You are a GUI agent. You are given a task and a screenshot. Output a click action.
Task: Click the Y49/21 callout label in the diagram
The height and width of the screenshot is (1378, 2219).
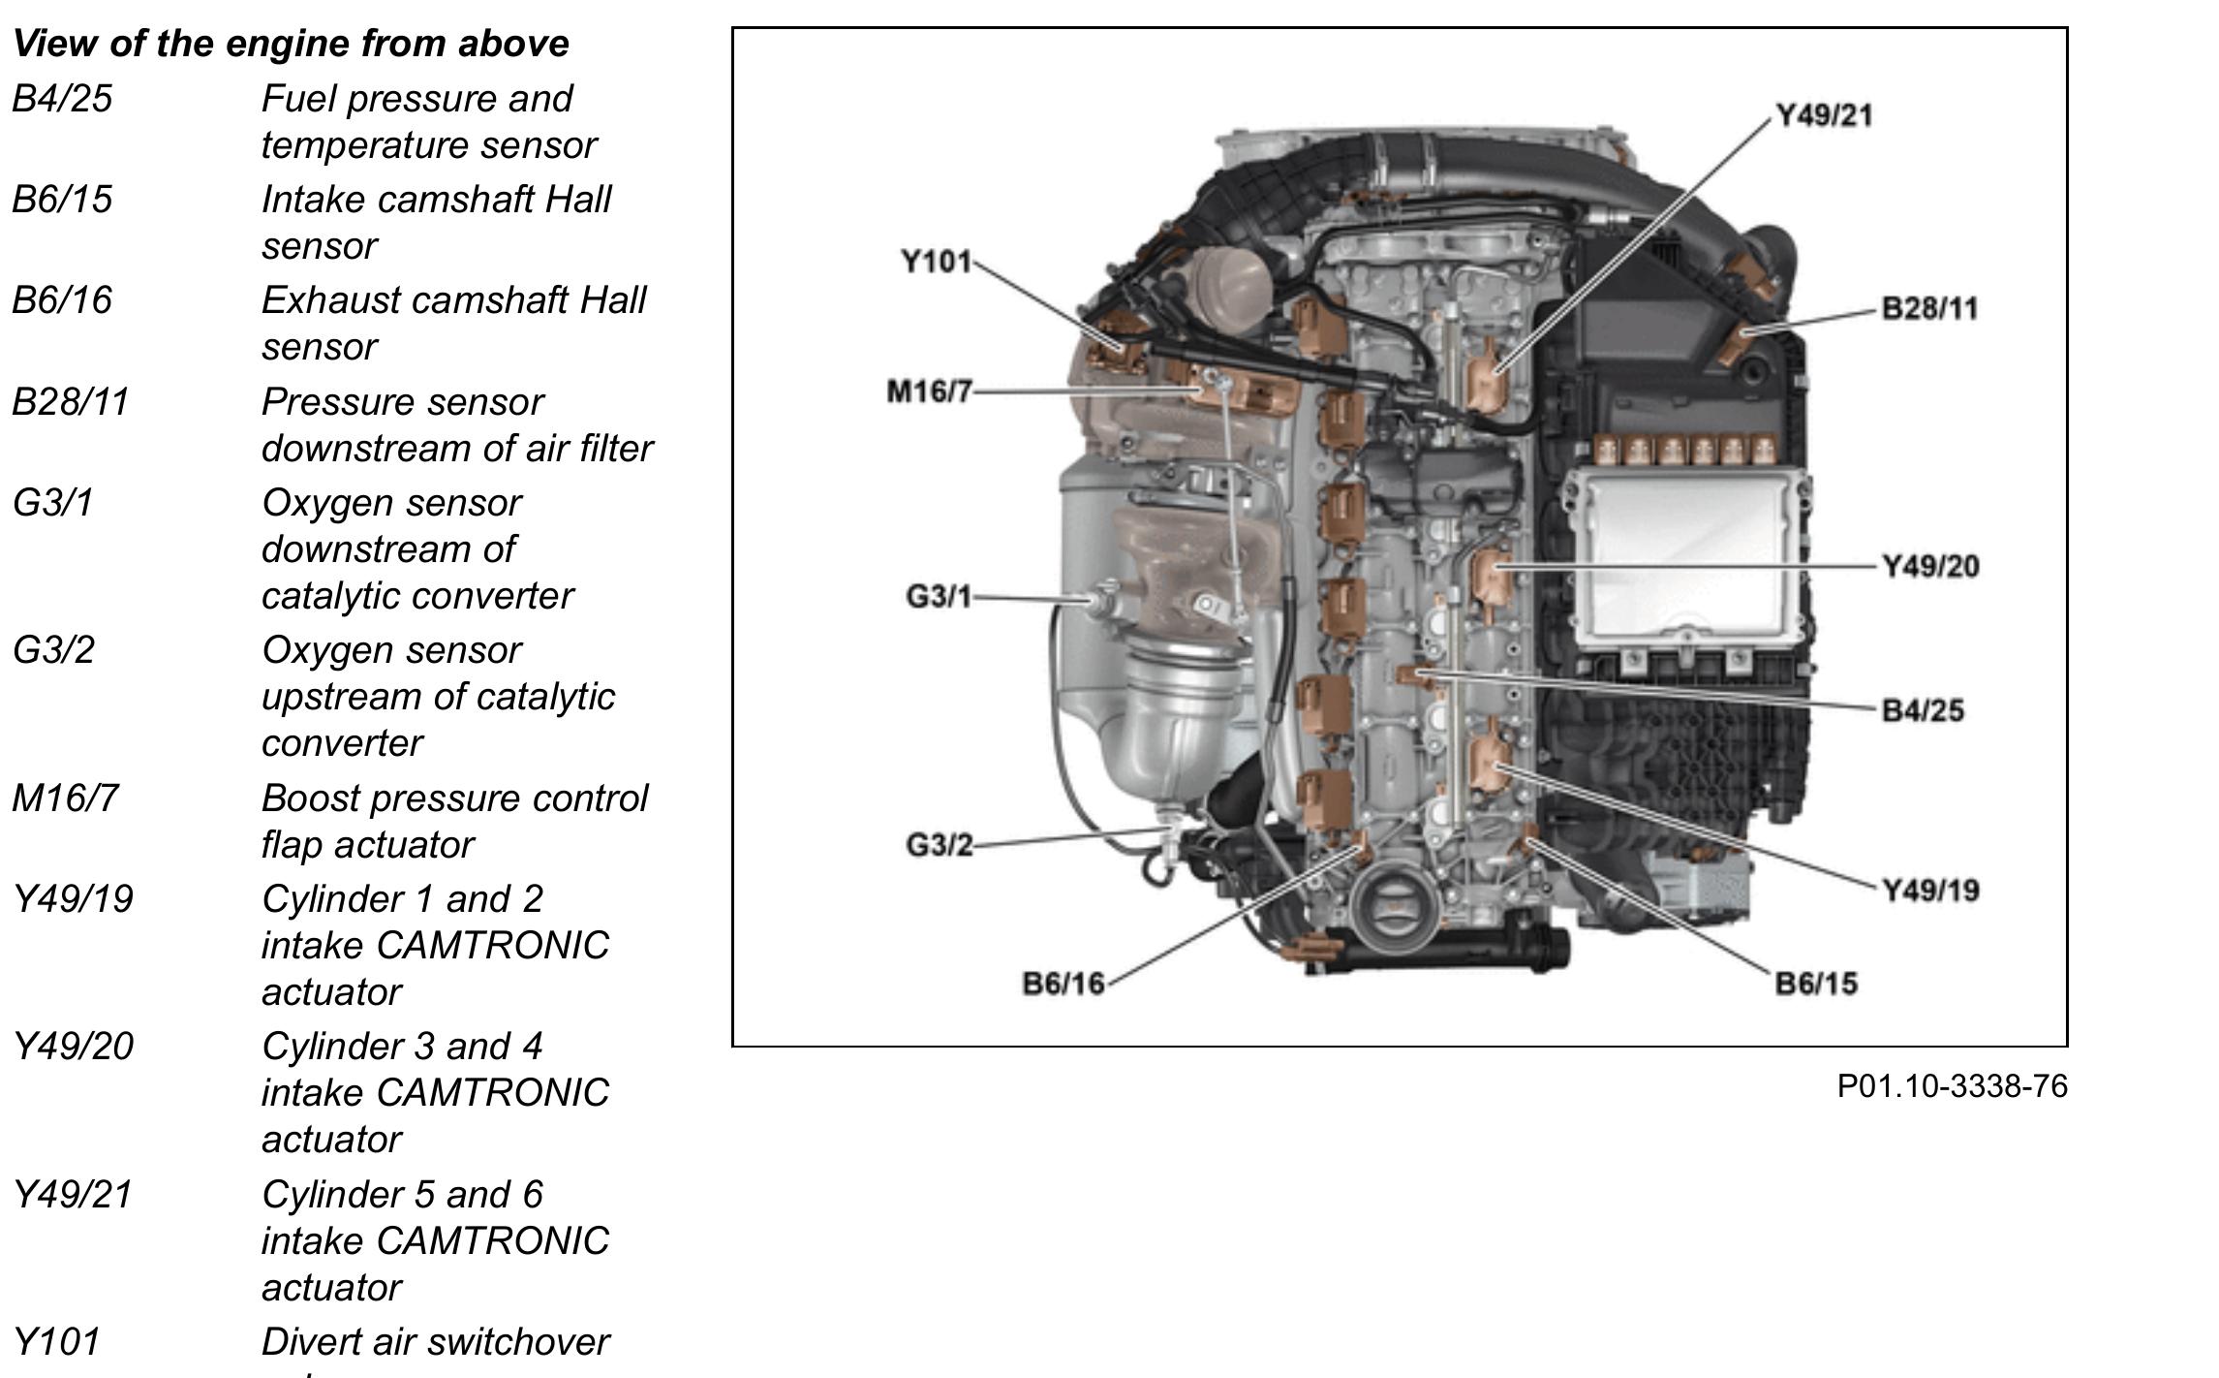[1823, 115]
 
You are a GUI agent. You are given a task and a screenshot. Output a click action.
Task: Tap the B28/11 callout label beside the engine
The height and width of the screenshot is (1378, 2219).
[1928, 308]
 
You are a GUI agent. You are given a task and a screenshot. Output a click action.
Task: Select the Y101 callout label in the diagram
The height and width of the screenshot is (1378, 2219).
[935, 262]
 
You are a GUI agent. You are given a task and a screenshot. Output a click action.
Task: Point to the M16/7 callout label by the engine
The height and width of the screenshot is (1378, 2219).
[928, 391]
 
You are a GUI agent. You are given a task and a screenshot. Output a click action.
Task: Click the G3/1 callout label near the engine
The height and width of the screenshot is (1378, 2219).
[938, 596]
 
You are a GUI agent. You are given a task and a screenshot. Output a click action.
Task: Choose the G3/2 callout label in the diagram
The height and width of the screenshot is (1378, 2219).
[939, 845]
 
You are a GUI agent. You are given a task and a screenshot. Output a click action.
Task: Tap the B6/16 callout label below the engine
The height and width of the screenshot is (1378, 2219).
[1063, 984]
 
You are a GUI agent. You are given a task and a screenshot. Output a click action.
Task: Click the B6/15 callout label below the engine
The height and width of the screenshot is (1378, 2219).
[1816, 984]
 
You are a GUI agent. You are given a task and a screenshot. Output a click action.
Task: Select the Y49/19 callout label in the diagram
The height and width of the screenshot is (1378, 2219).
[1929, 891]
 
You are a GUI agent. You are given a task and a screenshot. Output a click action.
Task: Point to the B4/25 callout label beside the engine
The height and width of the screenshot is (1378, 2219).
[1922, 710]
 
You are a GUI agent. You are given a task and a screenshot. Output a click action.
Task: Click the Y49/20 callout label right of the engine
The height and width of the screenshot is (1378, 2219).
[1929, 566]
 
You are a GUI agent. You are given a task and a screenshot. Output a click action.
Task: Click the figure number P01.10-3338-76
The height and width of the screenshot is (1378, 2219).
[1952, 1086]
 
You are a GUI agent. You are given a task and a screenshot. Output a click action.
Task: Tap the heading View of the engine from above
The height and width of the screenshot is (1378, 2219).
[291, 44]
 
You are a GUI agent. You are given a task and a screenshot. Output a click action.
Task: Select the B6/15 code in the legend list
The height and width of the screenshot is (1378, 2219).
[62, 200]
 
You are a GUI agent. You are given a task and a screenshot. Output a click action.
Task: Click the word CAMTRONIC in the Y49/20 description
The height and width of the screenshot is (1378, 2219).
[492, 1093]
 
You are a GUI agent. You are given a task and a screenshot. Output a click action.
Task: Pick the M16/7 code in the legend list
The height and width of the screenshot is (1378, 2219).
[65, 799]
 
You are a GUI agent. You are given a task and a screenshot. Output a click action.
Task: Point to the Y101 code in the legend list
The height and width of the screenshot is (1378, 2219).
[56, 1342]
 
